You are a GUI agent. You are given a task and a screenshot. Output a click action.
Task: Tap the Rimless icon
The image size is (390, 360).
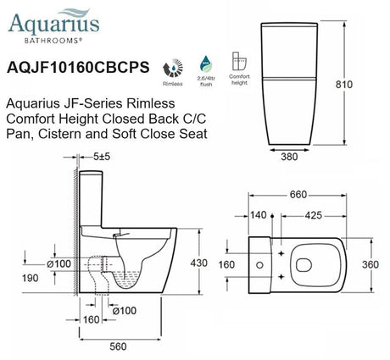(x=175, y=68)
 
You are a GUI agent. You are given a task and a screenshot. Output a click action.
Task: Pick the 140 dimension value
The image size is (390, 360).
(x=257, y=215)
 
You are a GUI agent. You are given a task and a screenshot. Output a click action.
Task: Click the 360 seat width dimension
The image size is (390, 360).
(x=370, y=263)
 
